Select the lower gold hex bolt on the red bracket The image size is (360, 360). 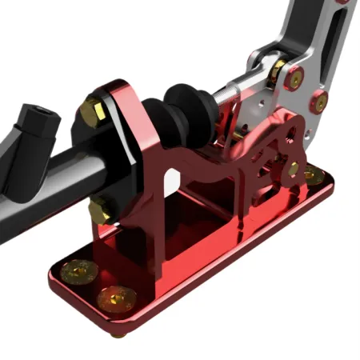coord(101,211)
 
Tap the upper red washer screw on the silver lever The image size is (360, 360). coord(295,78)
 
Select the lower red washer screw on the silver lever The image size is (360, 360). coord(320,102)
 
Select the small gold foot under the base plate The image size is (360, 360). coord(118,333)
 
